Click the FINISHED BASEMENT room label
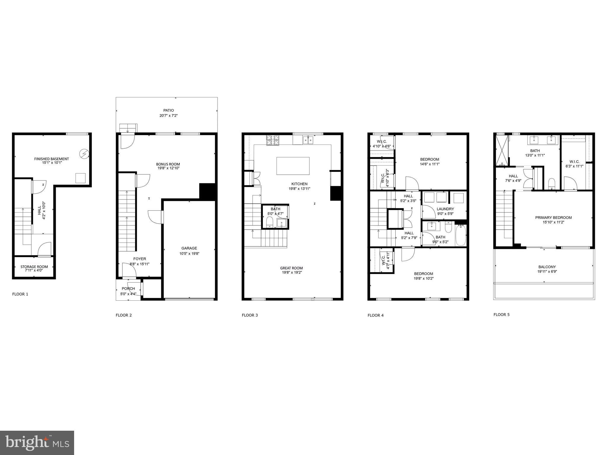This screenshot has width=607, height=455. tap(52, 159)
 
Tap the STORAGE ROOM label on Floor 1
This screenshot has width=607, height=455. tap(34, 267)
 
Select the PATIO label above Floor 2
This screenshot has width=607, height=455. tap(168, 110)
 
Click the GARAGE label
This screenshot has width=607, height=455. tap(189, 248)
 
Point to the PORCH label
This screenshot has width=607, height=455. tap(128, 289)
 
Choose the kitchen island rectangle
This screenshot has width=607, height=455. tap(293, 166)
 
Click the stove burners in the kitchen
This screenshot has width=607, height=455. tap(273, 140)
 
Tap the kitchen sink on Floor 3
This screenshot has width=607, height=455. tap(308, 140)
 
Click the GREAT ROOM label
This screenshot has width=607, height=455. tap(291, 268)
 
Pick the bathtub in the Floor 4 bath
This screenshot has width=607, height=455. tap(461, 235)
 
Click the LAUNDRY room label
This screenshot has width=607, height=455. tap(445, 209)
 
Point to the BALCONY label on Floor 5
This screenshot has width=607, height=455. tap(547, 267)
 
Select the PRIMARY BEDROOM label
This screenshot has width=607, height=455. tap(553, 218)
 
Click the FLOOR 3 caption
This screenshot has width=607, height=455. tap(250, 315)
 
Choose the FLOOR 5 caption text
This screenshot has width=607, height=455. tap(501, 315)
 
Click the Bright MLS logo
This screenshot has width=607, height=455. tap(37, 443)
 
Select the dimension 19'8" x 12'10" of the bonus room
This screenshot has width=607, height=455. tap(168, 168)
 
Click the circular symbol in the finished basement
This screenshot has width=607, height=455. tap(84, 154)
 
